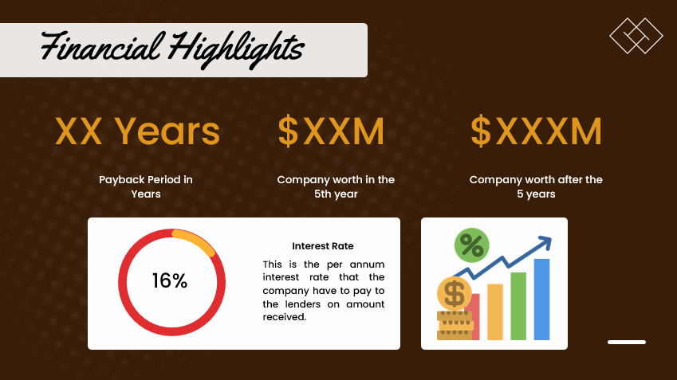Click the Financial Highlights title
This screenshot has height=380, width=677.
click(172, 48)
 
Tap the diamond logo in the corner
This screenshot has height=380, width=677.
click(636, 35)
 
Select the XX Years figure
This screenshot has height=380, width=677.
click(137, 131)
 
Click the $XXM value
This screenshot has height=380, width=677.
click(331, 131)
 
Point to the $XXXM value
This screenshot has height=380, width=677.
click(535, 131)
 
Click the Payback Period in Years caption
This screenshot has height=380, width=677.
click(146, 186)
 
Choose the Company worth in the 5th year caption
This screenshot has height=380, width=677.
click(336, 186)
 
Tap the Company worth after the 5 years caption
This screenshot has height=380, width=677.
click(536, 186)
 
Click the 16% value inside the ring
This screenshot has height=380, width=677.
click(170, 281)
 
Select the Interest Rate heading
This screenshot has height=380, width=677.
click(323, 246)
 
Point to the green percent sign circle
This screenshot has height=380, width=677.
click(471, 245)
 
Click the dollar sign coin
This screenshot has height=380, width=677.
click(455, 294)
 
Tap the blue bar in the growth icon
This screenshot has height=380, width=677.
click(541, 299)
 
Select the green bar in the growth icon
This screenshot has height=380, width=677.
click(518, 306)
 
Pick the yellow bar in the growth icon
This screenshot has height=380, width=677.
click(494, 311)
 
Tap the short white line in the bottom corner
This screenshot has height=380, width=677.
click(627, 342)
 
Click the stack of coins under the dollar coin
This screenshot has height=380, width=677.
click(454, 325)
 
